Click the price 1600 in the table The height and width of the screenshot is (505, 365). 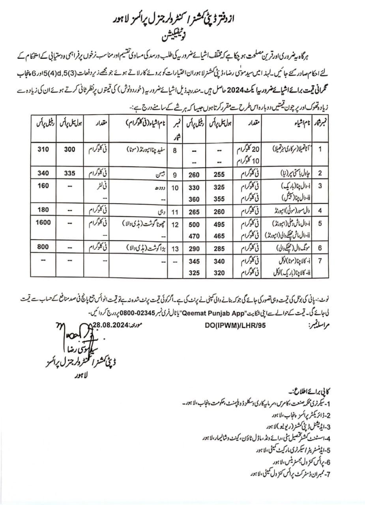(43, 223)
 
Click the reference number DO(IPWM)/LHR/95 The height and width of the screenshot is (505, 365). (233, 326)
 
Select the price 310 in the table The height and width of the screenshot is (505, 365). (43, 150)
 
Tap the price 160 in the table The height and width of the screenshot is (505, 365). (43, 186)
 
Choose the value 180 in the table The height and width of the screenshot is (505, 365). (43, 209)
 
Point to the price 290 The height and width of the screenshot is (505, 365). (193, 249)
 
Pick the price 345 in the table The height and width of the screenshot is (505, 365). (193, 261)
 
